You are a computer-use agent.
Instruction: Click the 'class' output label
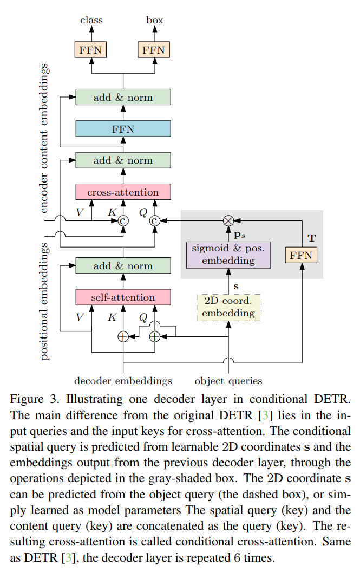click(91, 21)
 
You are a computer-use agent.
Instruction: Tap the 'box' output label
click(155, 21)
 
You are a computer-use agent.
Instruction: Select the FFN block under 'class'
click(91, 50)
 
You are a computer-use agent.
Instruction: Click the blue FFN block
click(123, 129)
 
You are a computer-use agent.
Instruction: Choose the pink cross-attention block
click(123, 192)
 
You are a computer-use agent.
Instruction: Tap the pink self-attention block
click(123, 297)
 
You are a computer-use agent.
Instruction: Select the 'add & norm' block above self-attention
click(123, 266)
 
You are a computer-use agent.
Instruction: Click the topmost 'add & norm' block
click(123, 97)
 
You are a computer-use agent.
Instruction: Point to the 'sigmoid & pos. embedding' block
click(228, 254)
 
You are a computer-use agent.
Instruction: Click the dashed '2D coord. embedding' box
click(228, 307)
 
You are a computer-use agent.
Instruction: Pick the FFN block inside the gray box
click(301, 255)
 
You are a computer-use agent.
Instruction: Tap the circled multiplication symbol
click(228, 220)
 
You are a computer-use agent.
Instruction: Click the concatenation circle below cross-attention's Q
click(155, 220)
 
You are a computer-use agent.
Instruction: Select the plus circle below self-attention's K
click(123, 336)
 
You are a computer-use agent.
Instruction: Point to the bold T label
click(311, 238)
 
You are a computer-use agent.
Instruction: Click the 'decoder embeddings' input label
click(123, 381)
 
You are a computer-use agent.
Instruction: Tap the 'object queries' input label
click(228, 381)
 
